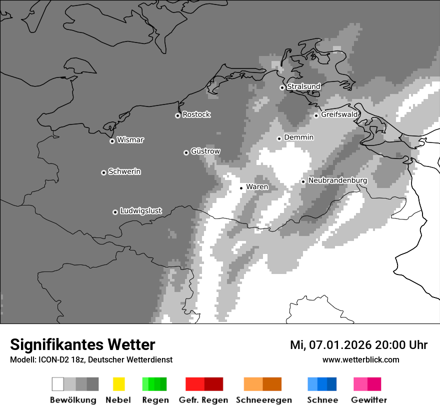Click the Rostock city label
click(x=196, y=114)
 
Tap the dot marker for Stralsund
click(x=282, y=87)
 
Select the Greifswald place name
click(x=339, y=114)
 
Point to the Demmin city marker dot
click(x=279, y=138)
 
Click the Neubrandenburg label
click(x=338, y=180)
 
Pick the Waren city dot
click(x=241, y=188)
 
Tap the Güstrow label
click(x=205, y=151)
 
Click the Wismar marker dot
click(x=112, y=141)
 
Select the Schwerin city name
click(x=124, y=171)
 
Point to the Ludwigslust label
click(x=140, y=211)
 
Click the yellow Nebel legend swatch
click(x=118, y=384)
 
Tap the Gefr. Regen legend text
click(x=203, y=400)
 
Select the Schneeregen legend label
click(x=263, y=400)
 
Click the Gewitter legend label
click(x=368, y=400)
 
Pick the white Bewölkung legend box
click(x=58, y=384)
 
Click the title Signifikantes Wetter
click(x=82, y=344)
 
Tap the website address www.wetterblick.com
click(x=360, y=359)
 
